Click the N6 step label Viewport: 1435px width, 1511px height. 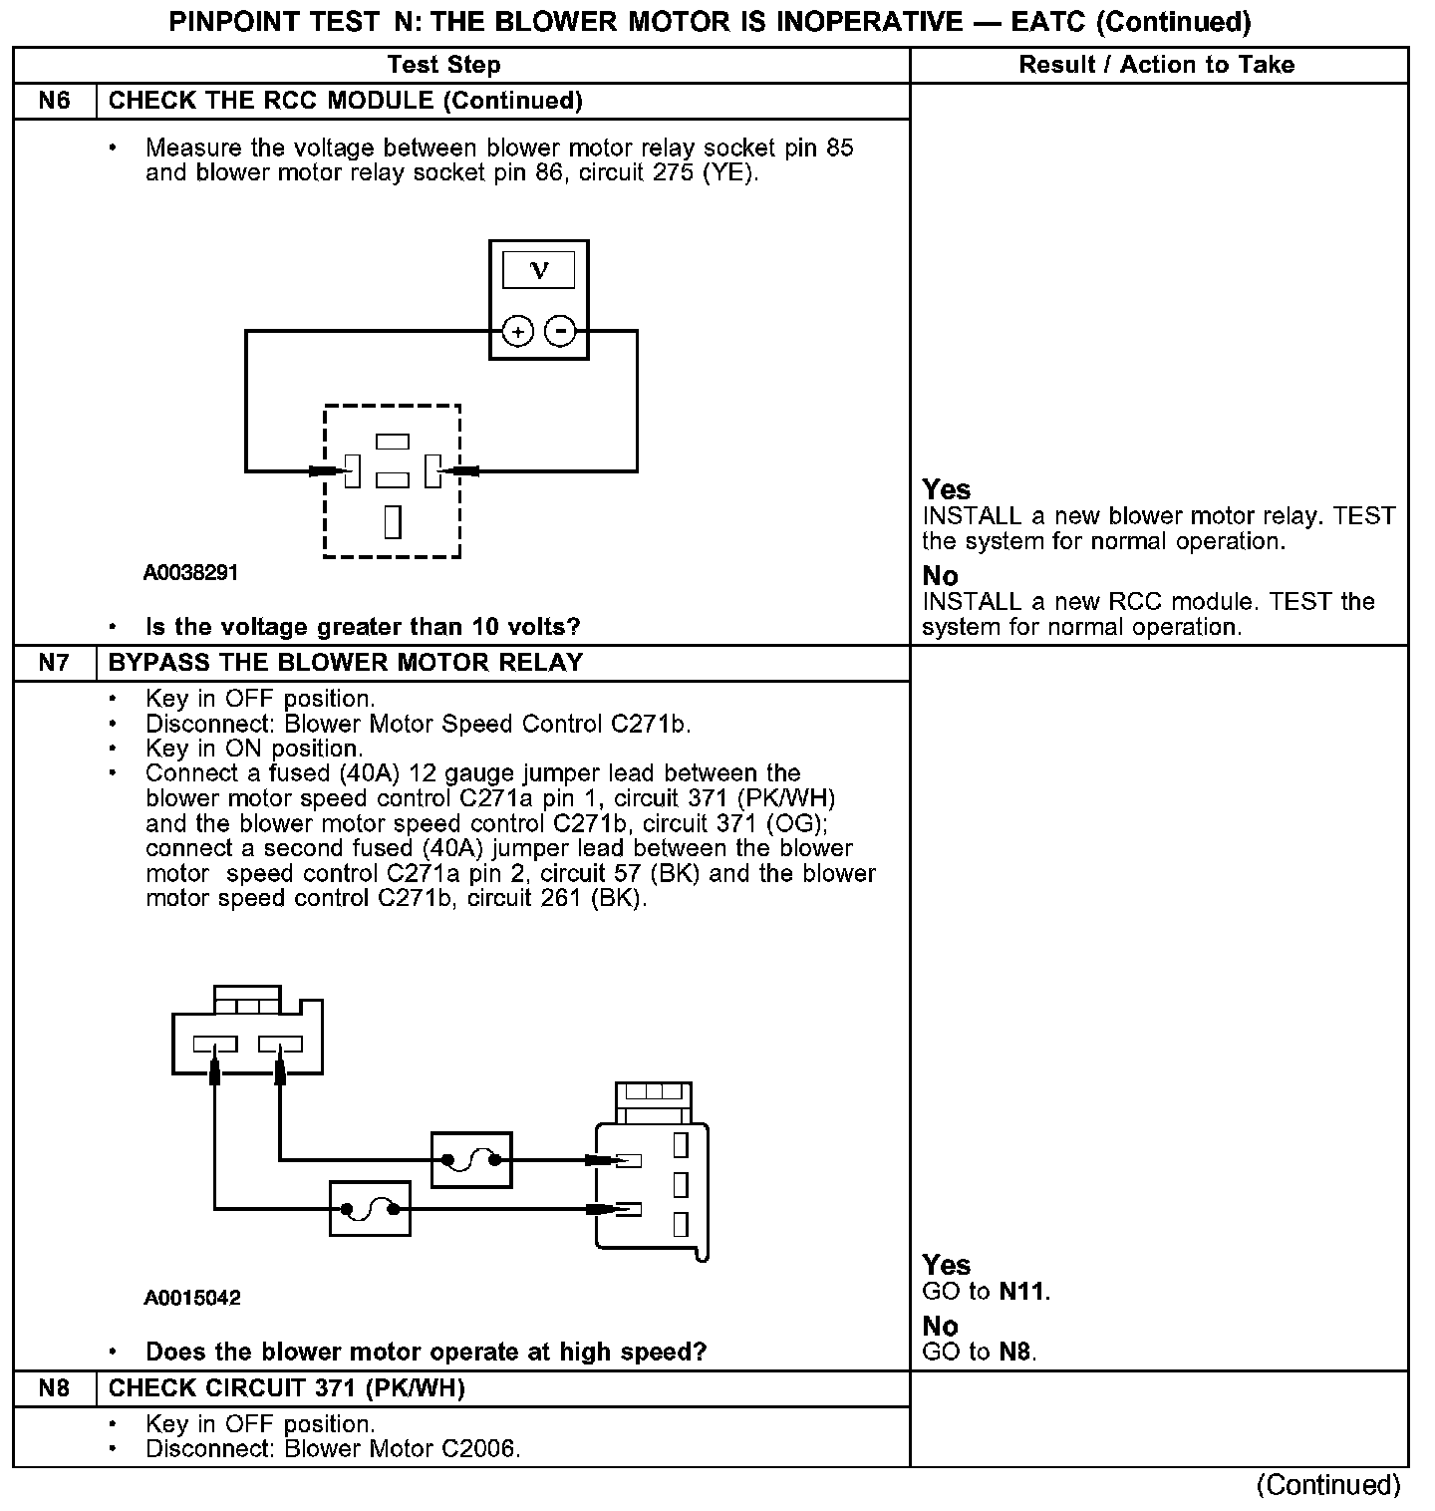pos(54,101)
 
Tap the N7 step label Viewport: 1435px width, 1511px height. pos(54,663)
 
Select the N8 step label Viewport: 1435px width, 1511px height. pos(54,1387)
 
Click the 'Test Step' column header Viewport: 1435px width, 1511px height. pos(443,65)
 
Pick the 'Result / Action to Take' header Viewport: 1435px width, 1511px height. pos(1156,65)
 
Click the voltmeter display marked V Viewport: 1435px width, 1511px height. pos(539,270)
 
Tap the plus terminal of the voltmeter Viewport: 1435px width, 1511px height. pos(517,331)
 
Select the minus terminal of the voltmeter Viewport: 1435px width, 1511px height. pos(562,331)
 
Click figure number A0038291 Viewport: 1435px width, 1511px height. pos(190,573)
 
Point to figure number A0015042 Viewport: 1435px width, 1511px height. pos(192,1298)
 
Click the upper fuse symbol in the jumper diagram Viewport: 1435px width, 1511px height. pos(471,1159)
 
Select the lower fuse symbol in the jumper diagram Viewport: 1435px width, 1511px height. pos(370,1209)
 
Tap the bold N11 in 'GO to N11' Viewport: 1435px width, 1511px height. pos(1022,1292)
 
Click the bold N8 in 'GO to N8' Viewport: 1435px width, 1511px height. pos(1015,1353)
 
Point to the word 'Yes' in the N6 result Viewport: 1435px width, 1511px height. pos(946,489)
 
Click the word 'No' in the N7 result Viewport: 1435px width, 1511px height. pos(940,1327)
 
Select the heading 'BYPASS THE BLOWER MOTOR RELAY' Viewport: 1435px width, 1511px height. pos(345,663)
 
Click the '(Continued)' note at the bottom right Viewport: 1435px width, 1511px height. pos(1327,1485)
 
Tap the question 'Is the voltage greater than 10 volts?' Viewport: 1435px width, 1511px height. pos(363,627)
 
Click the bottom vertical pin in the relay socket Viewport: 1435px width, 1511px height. pos(393,521)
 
